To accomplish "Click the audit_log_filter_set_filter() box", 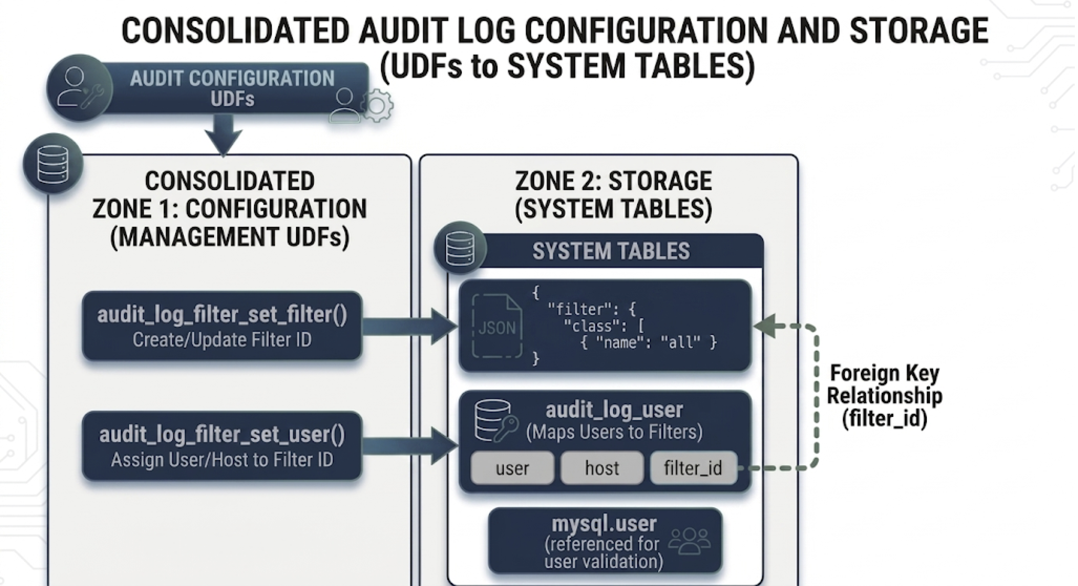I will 222,326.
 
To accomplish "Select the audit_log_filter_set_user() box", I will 222,446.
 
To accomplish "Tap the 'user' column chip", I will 512,468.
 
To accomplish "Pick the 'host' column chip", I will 602,468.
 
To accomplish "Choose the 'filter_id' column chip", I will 693,468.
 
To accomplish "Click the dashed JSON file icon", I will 497,327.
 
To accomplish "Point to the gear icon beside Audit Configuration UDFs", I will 377,106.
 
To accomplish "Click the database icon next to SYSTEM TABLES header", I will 460,248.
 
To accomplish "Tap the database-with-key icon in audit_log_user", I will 494,421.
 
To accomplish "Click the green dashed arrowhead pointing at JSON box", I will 765,326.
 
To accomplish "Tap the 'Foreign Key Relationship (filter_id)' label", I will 884,396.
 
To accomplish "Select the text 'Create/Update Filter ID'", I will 222,340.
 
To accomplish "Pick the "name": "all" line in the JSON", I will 649,343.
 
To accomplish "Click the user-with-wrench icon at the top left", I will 80,88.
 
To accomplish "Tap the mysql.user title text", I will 604,524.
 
